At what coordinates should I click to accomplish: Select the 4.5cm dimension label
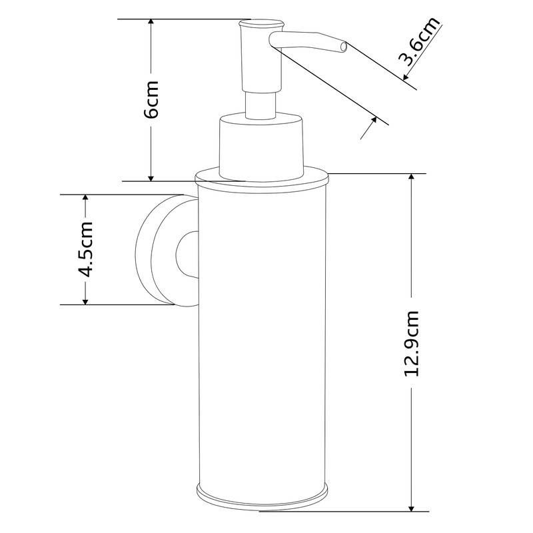[x=86, y=250]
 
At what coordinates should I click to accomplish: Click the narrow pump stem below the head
[x=261, y=105]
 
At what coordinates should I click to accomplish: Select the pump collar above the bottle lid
[x=261, y=147]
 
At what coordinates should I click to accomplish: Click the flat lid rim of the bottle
[x=262, y=179]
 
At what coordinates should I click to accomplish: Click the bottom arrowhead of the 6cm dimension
[x=151, y=176]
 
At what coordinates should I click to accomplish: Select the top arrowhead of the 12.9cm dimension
[x=414, y=179]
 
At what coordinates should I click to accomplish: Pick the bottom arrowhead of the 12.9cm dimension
[x=414, y=508]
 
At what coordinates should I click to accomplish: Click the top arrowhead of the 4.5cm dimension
[x=85, y=199]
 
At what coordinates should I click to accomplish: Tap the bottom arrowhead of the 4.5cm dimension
[x=85, y=300]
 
